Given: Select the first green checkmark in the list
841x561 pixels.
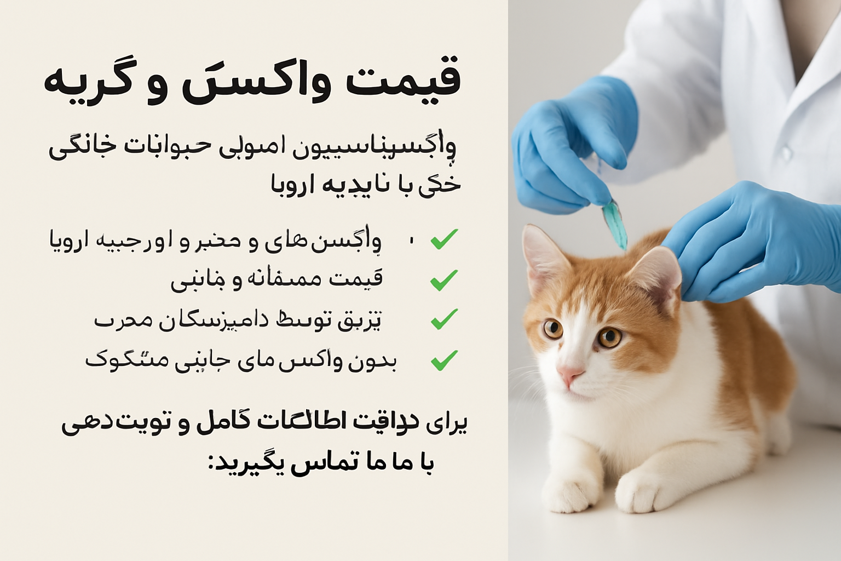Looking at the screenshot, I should tap(444, 239).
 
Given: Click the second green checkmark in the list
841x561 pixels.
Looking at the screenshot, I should tap(444, 280).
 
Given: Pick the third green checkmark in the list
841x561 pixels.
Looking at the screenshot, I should tap(444, 319).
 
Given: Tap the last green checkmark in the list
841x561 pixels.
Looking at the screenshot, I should tap(444, 360).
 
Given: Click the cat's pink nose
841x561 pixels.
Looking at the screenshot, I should tap(570, 375).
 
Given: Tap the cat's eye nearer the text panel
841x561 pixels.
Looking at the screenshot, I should tap(553, 329).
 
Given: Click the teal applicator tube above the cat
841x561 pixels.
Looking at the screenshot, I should tap(615, 225).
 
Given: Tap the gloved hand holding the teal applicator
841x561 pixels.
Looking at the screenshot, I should tap(569, 148).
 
